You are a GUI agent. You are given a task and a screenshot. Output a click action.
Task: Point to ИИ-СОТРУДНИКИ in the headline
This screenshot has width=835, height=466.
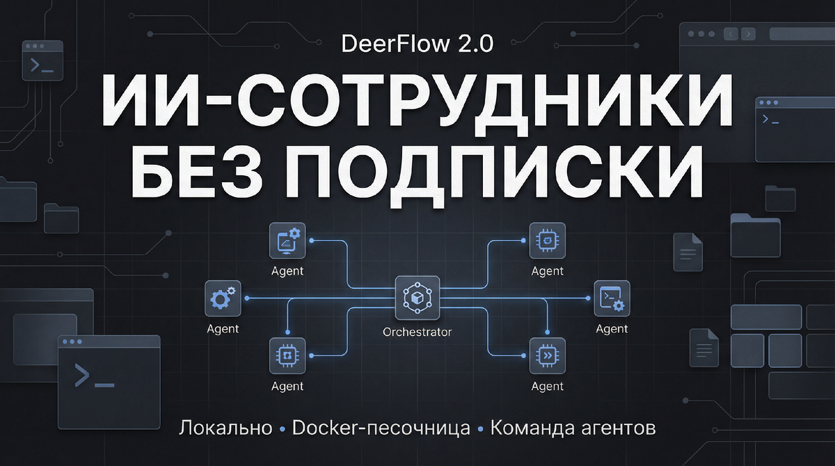(417, 102)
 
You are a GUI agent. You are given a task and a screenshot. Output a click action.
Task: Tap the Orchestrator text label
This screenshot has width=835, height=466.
(417, 332)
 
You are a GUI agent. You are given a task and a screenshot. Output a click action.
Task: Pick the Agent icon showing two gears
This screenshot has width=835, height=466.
(223, 298)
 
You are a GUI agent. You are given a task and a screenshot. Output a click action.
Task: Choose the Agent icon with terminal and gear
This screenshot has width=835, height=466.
(612, 298)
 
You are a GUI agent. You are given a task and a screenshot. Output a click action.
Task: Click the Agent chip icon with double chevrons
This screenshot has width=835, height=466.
(547, 355)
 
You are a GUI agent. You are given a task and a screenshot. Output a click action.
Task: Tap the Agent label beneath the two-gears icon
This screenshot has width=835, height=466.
(223, 329)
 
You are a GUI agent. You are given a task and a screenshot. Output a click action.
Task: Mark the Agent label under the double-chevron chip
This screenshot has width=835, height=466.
(547, 386)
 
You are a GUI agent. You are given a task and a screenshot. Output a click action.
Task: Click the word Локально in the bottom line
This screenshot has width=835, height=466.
(225, 428)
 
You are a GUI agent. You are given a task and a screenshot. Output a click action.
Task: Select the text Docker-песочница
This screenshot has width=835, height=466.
(381, 428)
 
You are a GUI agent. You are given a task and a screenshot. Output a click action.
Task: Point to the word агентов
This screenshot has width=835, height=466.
(618, 428)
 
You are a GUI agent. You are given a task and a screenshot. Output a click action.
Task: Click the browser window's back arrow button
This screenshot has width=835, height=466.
(731, 33)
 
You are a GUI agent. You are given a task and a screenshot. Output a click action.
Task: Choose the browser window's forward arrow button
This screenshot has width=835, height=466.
(748, 33)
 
